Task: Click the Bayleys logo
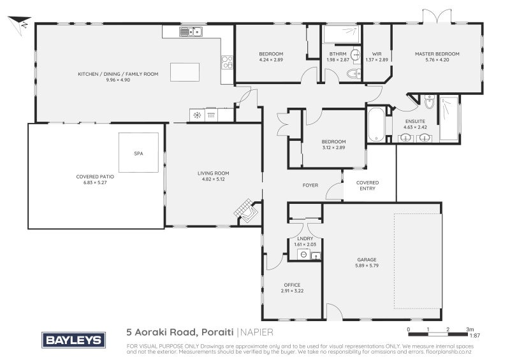(73, 340)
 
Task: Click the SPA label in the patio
(138, 154)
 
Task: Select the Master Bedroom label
(437, 54)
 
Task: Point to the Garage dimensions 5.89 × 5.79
(367, 265)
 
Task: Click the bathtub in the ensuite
(377, 124)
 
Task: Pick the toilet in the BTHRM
(352, 75)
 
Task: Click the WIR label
(375, 54)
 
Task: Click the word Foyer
(310, 185)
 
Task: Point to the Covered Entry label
(367, 185)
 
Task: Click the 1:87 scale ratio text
(474, 335)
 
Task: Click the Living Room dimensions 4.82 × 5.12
(213, 179)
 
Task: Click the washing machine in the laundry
(303, 255)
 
